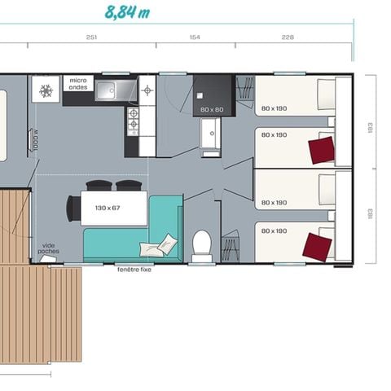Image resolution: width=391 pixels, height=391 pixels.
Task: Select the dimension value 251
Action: [92, 37]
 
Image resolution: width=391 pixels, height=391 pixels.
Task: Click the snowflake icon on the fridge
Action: [46, 90]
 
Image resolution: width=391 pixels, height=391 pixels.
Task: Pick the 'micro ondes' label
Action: [78, 83]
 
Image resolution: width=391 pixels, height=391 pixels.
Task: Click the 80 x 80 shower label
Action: [211, 109]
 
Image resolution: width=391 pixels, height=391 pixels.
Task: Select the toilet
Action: [202, 243]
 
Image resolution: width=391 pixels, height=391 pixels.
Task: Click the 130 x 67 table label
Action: [107, 209]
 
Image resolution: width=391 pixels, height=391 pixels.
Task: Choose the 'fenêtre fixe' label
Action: [134, 270]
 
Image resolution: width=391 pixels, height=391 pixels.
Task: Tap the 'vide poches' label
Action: [49, 248]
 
